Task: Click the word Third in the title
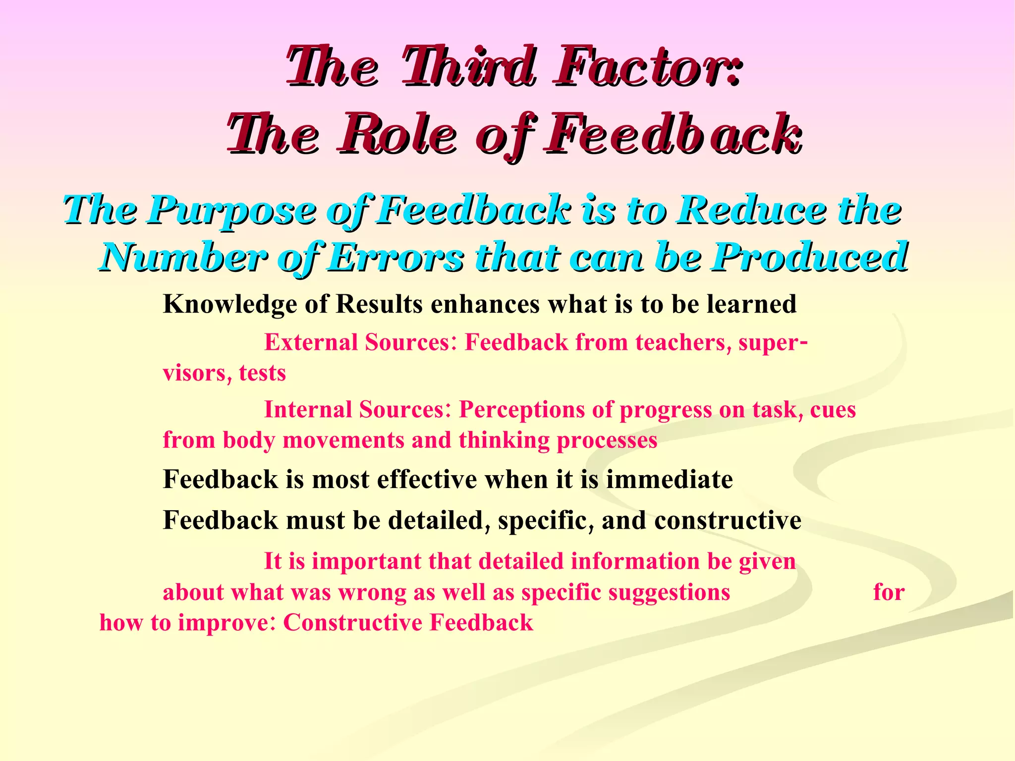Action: [x=468, y=67]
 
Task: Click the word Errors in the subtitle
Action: [x=396, y=258]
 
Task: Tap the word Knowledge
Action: [x=230, y=304]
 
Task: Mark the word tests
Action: [x=262, y=373]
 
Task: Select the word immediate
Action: [x=669, y=480]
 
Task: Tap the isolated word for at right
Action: [x=889, y=592]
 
